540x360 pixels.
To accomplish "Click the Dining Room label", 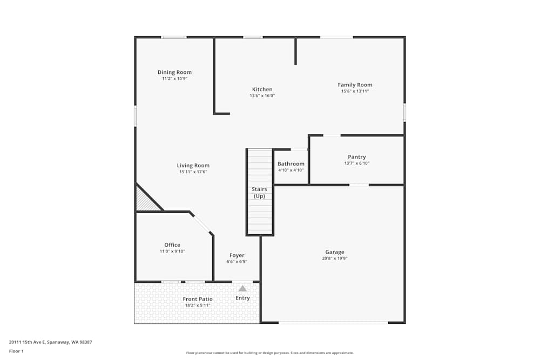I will pyautogui.click(x=174, y=72).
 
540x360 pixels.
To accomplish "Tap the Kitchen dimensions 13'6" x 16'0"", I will pyautogui.click(x=262, y=96).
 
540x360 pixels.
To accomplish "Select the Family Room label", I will pyautogui.click(x=355, y=85).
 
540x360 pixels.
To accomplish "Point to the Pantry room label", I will pyautogui.click(x=356, y=157).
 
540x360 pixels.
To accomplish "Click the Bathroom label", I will pyautogui.click(x=291, y=164).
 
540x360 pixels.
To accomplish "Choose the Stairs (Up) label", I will pyautogui.click(x=259, y=193).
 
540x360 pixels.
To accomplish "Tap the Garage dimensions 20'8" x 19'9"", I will pyautogui.click(x=334, y=259).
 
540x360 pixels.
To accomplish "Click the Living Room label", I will pyautogui.click(x=193, y=166).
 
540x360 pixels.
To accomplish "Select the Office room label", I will pyautogui.click(x=172, y=245).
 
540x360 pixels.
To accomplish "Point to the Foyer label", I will pyautogui.click(x=237, y=255).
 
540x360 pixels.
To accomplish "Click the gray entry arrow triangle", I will pyautogui.click(x=242, y=289).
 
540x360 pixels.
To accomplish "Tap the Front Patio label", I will pyautogui.click(x=197, y=299).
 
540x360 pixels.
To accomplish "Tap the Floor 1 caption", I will pyautogui.click(x=16, y=351).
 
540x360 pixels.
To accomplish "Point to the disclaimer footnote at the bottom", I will pyautogui.click(x=269, y=353).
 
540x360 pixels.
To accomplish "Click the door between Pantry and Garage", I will pyautogui.click(x=359, y=185).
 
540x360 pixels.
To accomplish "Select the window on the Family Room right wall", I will pyautogui.click(x=404, y=112).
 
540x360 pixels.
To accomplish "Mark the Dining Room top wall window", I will pyautogui.click(x=174, y=37).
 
